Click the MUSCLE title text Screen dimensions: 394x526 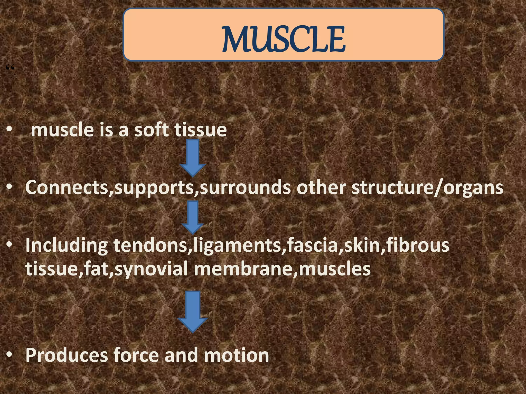pos(284,39)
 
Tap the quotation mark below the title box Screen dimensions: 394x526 pos(10,68)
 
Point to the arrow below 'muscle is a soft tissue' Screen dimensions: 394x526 pos(193,158)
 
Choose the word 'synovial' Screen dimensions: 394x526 pos(152,269)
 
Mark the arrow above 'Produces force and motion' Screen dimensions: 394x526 pos(193,312)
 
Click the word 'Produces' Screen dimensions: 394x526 pos(67,355)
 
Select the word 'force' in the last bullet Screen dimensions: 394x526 pos(136,355)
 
